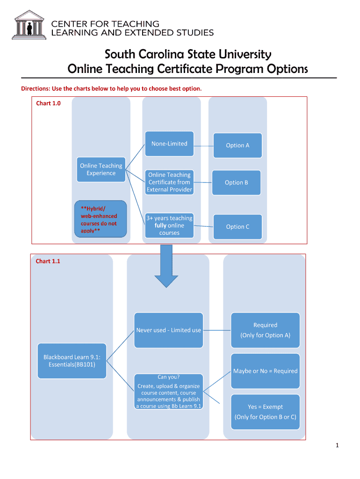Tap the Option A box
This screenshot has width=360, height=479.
pos(238,145)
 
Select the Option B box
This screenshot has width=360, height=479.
pos(237,182)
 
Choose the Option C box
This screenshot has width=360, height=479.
pos(238,226)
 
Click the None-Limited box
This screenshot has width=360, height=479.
pos(169,144)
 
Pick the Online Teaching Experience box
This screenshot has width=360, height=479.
pos(101,169)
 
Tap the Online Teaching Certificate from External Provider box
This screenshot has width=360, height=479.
pos(169,182)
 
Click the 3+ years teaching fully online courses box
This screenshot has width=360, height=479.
pos(169,225)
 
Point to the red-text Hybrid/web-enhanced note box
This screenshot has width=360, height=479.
pos(101,219)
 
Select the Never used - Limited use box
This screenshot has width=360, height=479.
pos(168,330)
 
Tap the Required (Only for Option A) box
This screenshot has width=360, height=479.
pos(265,330)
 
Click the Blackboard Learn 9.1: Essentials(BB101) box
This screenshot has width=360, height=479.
pos(72,361)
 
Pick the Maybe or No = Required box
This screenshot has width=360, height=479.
pos(265,371)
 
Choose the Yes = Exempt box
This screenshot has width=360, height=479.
pos(265,412)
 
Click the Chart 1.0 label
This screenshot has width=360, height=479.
pos(48,103)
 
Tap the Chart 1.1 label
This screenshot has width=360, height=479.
pos(48,261)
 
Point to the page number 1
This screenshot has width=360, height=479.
pos(337,445)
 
